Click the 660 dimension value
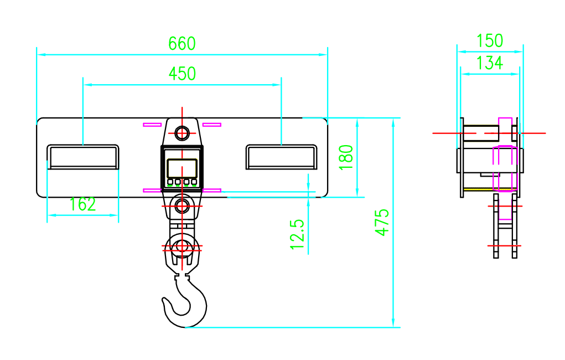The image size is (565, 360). point(182,43)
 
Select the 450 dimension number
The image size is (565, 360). point(182,73)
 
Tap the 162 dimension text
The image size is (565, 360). point(83,204)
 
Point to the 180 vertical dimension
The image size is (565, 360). point(346,157)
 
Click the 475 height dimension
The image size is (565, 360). point(382,222)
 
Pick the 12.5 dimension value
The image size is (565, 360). point(298,233)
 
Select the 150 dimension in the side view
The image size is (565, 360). point(490,41)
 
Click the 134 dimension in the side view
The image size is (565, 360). point(490,63)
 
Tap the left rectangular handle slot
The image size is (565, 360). point(83,157)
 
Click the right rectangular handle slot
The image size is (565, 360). point(281,157)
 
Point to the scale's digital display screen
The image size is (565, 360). point(182,167)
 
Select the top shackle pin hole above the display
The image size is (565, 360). point(182,133)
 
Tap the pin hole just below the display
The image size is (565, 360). point(182,206)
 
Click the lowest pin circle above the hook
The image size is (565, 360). point(182,246)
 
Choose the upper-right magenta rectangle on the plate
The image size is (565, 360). point(211,125)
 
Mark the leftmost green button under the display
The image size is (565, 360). point(170,182)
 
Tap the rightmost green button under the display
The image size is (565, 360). point(194,182)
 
